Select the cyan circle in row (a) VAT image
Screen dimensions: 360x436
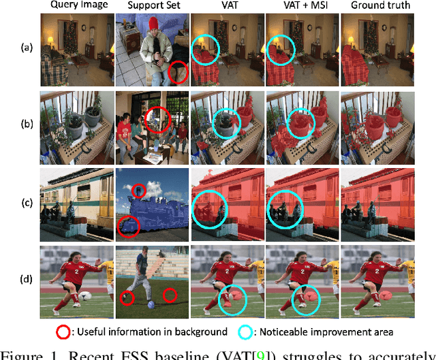[x=205, y=50]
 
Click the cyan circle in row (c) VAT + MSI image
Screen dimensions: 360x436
[x=284, y=208]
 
